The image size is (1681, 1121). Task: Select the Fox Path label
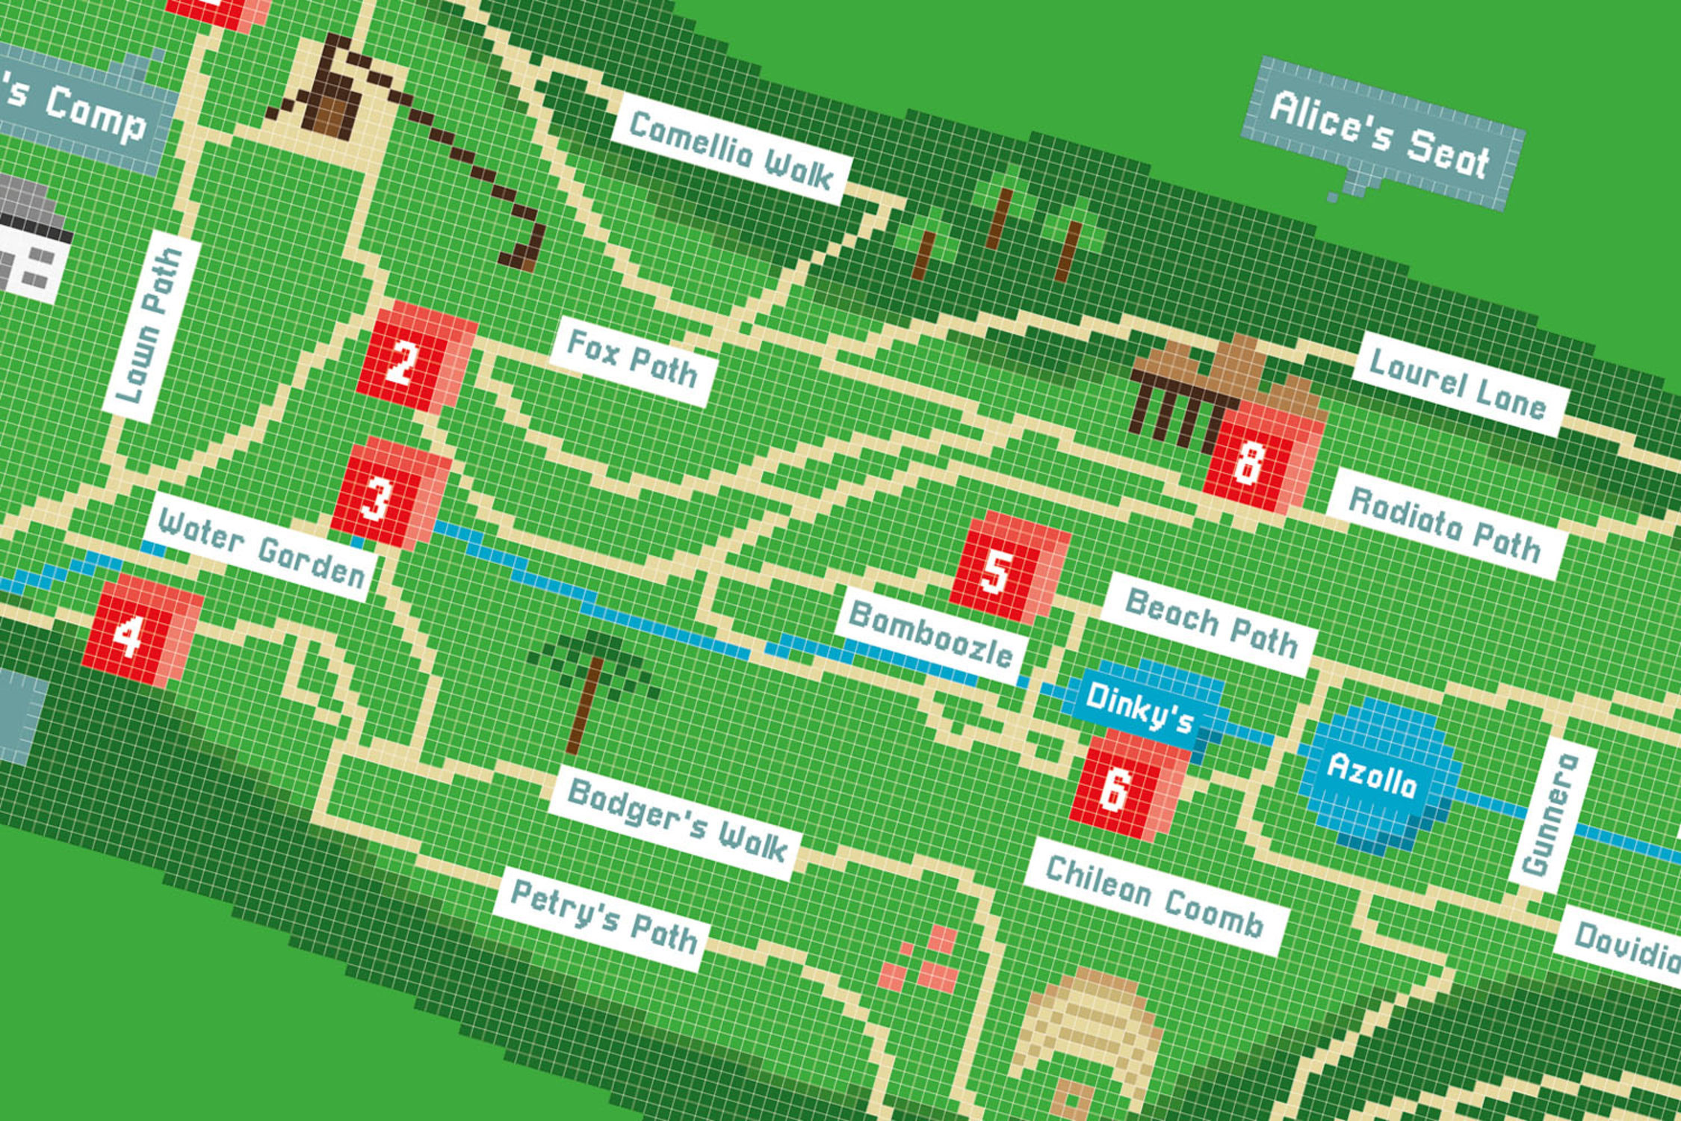pyautogui.click(x=632, y=362)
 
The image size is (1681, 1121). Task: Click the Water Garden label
pyautogui.click(x=260, y=548)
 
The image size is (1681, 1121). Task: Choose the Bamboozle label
pyautogui.click(x=930, y=634)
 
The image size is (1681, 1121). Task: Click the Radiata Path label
pyautogui.click(x=1444, y=523)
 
